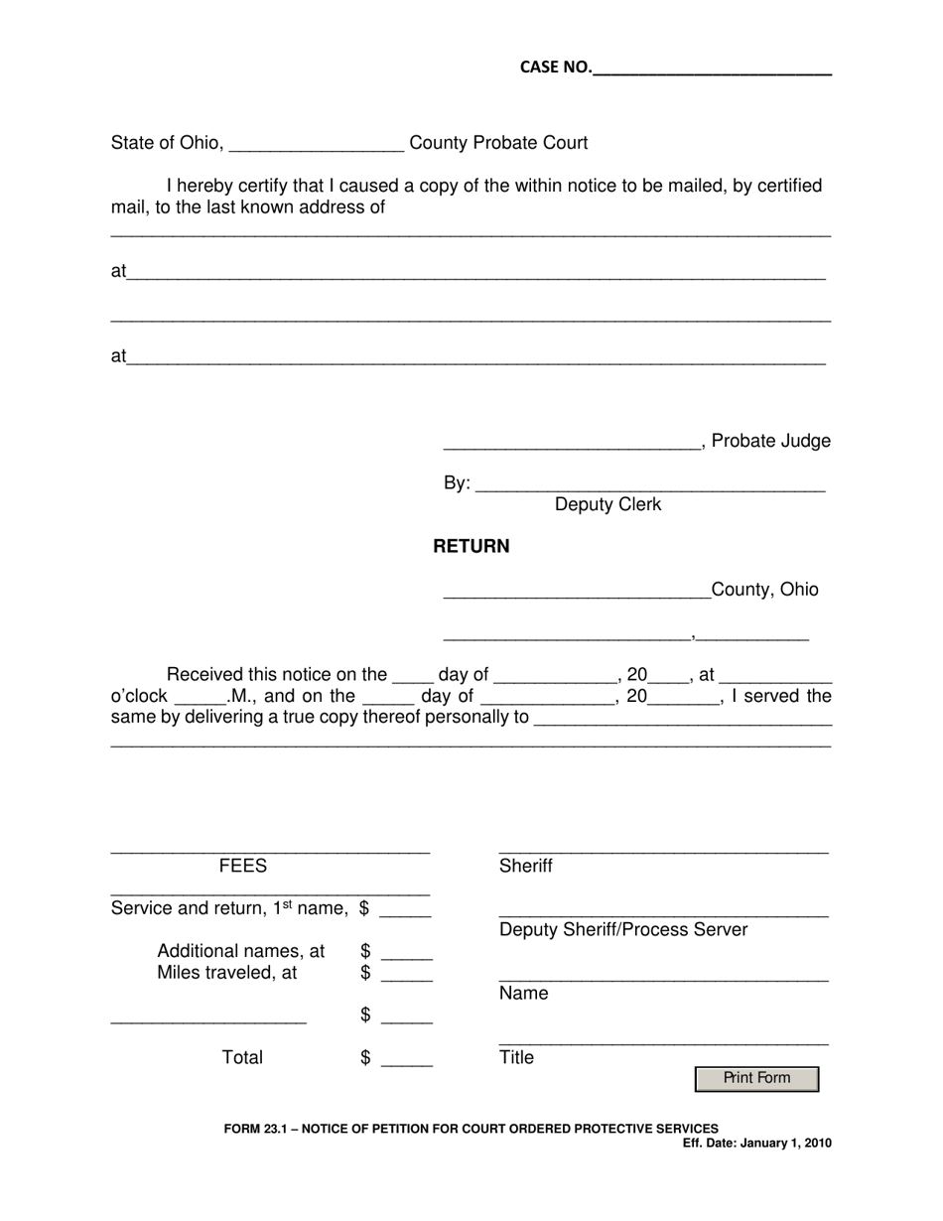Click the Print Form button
click(x=756, y=1078)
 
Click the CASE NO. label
click(x=555, y=68)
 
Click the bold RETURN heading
click(x=471, y=546)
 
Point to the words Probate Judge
click(x=771, y=441)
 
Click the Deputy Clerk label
click(x=607, y=504)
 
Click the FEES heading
click(x=243, y=866)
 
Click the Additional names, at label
click(x=241, y=951)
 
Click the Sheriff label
click(x=525, y=866)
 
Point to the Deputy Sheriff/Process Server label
click(x=623, y=929)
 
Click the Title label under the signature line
click(x=516, y=1057)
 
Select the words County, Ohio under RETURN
click(x=764, y=590)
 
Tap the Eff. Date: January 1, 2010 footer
click(x=756, y=1143)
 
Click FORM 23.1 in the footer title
click(x=253, y=1128)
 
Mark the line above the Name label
click(x=663, y=980)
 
